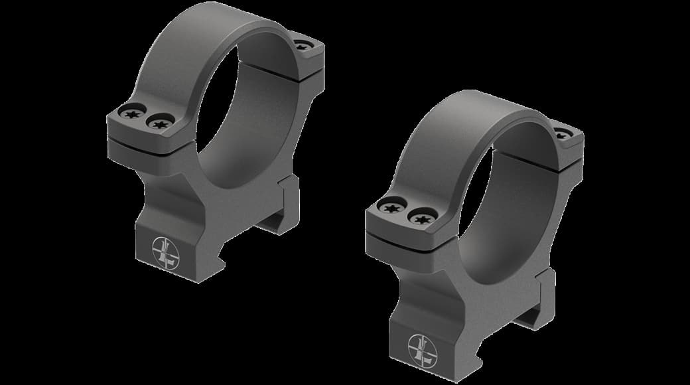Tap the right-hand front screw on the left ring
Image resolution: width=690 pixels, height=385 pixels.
(x=160, y=122)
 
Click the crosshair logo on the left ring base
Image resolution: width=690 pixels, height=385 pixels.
(x=164, y=252)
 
